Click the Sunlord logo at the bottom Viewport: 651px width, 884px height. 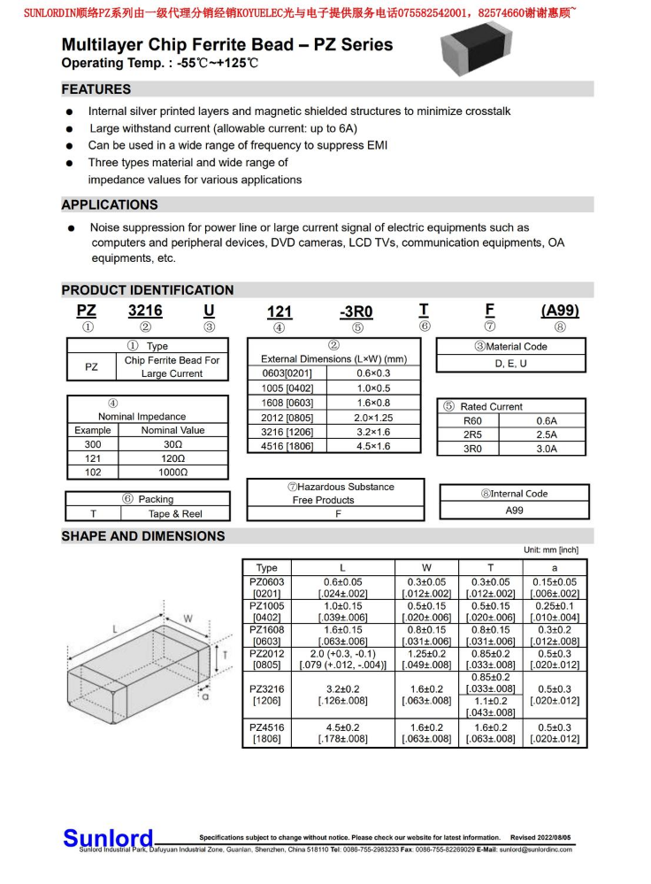(108, 838)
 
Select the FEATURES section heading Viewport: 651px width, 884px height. (96, 89)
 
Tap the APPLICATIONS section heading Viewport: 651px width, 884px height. (110, 205)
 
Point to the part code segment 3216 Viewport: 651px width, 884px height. (145, 311)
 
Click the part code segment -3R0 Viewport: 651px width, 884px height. (356, 311)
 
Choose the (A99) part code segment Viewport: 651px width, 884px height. (559, 311)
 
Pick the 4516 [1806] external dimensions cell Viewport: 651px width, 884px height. (287, 446)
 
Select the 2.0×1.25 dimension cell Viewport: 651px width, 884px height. (373, 418)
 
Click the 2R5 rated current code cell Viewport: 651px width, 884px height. (472, 434)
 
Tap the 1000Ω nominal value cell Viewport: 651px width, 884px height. (172, 473)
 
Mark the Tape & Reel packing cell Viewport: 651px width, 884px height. (174, 513)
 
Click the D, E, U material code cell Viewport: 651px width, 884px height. (510, 363)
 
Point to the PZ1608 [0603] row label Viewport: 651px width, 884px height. (266, 635)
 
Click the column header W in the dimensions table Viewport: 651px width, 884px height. (426, 567)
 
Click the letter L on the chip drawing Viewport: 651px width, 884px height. (116, 628)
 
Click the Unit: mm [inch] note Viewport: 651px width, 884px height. (550, 550)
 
